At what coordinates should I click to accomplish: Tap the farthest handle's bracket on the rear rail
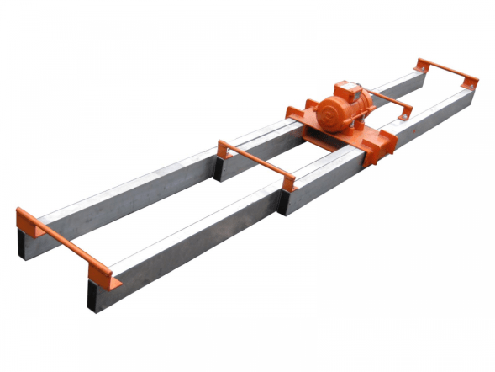(422, 65)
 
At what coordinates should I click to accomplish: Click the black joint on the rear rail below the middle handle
(219, 169)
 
